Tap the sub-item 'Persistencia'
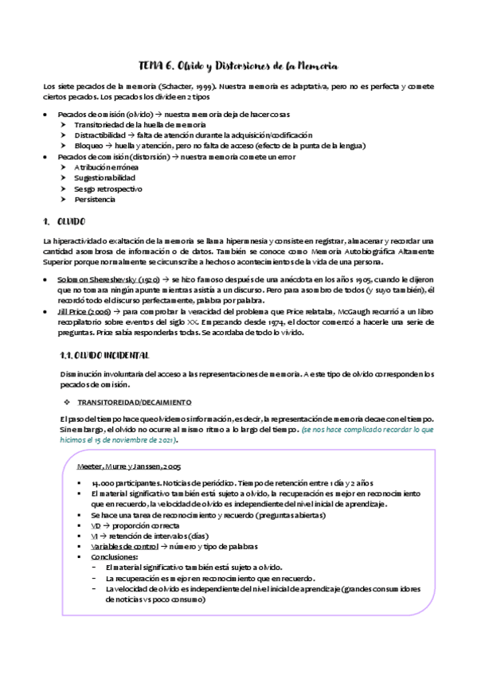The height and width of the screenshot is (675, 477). click(x=94, y=200)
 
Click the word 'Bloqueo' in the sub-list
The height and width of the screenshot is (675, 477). click(x=88, y=146)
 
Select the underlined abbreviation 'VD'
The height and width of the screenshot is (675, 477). click(x=96, y=525)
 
